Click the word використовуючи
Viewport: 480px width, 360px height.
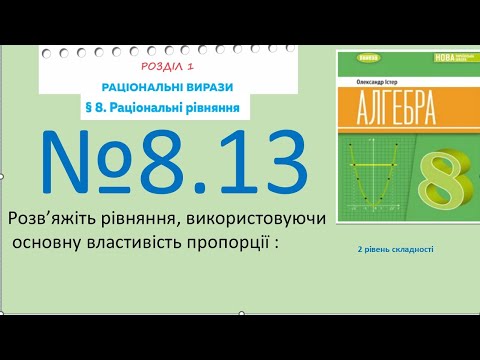(265, 218)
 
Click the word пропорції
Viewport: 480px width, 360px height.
(221, 243)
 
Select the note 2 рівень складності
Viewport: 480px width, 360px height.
(395, 249)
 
